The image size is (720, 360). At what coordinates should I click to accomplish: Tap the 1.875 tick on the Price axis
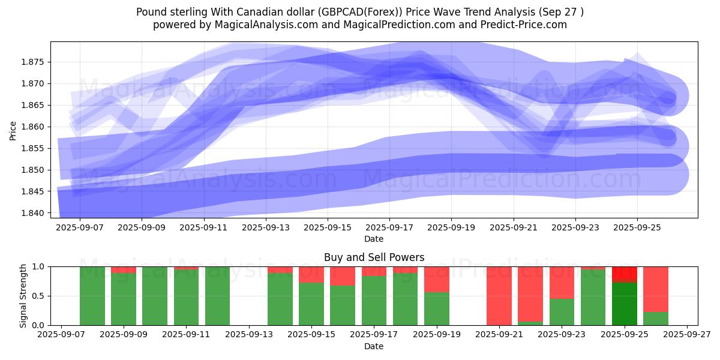click(35, 62)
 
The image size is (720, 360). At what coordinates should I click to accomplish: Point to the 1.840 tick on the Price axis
click(35, 213)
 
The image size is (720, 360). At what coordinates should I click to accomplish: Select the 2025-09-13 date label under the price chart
click(266, 228)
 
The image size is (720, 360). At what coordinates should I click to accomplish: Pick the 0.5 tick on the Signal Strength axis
click(40, 296)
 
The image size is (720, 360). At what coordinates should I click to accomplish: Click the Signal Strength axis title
click(23, 296)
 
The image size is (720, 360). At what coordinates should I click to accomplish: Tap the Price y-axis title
click(13, 130)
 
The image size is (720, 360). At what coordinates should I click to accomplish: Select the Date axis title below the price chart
click(374, 239)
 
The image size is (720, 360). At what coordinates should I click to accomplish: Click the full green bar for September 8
click(92, 296)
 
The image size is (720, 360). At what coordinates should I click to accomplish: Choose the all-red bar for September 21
click(499, 296)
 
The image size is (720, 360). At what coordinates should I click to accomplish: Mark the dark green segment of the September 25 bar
click(625, 304)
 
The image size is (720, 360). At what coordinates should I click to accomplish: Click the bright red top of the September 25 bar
click(625, 274)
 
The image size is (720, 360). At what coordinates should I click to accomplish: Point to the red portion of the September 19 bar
click(437, 279)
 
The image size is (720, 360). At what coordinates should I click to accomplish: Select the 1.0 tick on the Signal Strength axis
click(40, 266)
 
